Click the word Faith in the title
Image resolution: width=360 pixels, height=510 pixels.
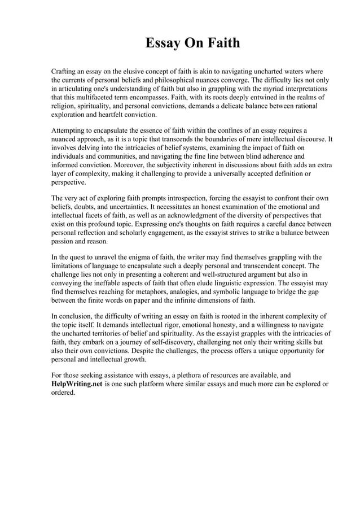pyautogui.click(x=220, y=43)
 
